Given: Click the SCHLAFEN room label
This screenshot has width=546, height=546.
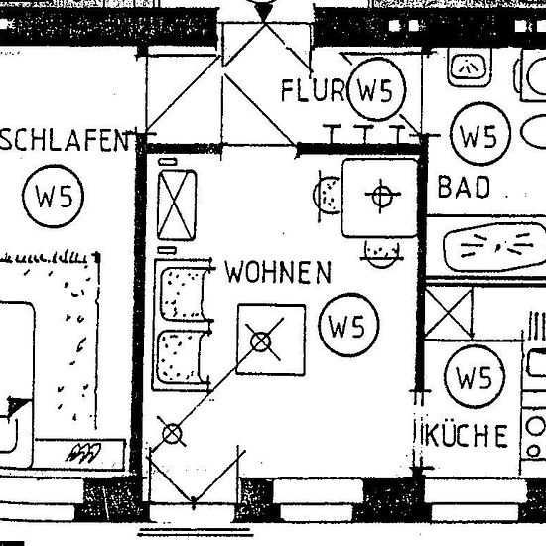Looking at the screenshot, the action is [x=66, y=140].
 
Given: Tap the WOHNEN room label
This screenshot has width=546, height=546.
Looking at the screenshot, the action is [x=278, y=272].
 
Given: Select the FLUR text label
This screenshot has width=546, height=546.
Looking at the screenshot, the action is [x=313, y=90].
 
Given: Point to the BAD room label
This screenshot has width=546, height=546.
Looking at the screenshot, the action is [x=464, y=187].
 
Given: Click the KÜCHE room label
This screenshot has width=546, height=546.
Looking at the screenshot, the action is [x=465, y=435].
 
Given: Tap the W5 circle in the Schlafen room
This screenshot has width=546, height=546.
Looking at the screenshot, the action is [x=53, y=196].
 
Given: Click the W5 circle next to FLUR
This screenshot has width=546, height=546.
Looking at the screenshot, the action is [x=377, y=89].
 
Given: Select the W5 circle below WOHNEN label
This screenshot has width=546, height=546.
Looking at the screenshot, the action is [x=348, y=325].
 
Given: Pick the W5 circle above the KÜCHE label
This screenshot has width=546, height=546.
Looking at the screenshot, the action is [x=475, y=377].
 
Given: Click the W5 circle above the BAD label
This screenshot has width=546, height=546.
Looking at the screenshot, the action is [x=479, y=134].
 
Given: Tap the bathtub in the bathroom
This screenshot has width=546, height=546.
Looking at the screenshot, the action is [x=494, y=246].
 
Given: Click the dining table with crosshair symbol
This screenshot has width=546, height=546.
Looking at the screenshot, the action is [x=380, y=198].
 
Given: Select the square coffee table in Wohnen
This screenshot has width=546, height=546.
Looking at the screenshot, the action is [x=271, y=340].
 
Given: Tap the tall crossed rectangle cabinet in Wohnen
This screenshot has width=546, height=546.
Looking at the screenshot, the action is [x=177, y=205].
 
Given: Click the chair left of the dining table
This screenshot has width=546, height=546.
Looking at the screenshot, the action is [x=329, y=195].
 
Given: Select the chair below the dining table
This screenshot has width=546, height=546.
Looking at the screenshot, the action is [x=381, y=255].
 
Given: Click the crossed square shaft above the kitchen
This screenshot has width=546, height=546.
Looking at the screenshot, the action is [x=449, y=313].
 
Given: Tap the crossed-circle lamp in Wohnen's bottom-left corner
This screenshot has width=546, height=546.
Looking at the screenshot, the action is [x=172, y=433].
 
